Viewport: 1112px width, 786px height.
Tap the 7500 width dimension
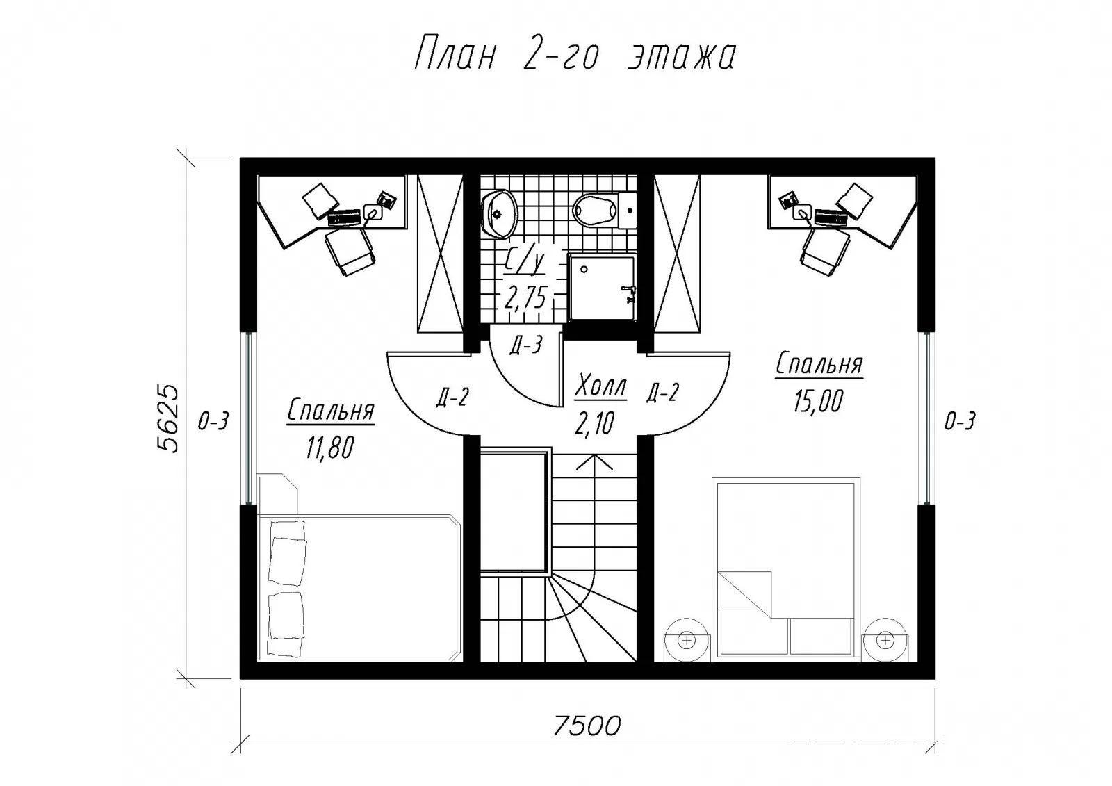click(587, 726)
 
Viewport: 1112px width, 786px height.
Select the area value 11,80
click(329, 448)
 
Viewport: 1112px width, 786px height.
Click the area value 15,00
click(818, 401)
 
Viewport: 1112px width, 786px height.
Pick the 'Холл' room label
click(600, 386)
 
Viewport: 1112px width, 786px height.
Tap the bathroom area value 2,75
click(526, 297)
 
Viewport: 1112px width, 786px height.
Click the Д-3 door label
click(526, 345)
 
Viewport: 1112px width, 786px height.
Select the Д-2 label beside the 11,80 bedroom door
click(452, 398)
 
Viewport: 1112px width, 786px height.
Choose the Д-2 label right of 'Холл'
click(662, 393)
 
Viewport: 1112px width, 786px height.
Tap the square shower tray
click(602, 287)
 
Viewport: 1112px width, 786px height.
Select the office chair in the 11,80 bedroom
click(350, 252)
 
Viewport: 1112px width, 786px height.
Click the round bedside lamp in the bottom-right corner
click(885, 640)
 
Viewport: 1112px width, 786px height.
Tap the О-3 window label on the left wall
click(213, 422)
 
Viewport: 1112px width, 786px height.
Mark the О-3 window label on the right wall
click(960, 422)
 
